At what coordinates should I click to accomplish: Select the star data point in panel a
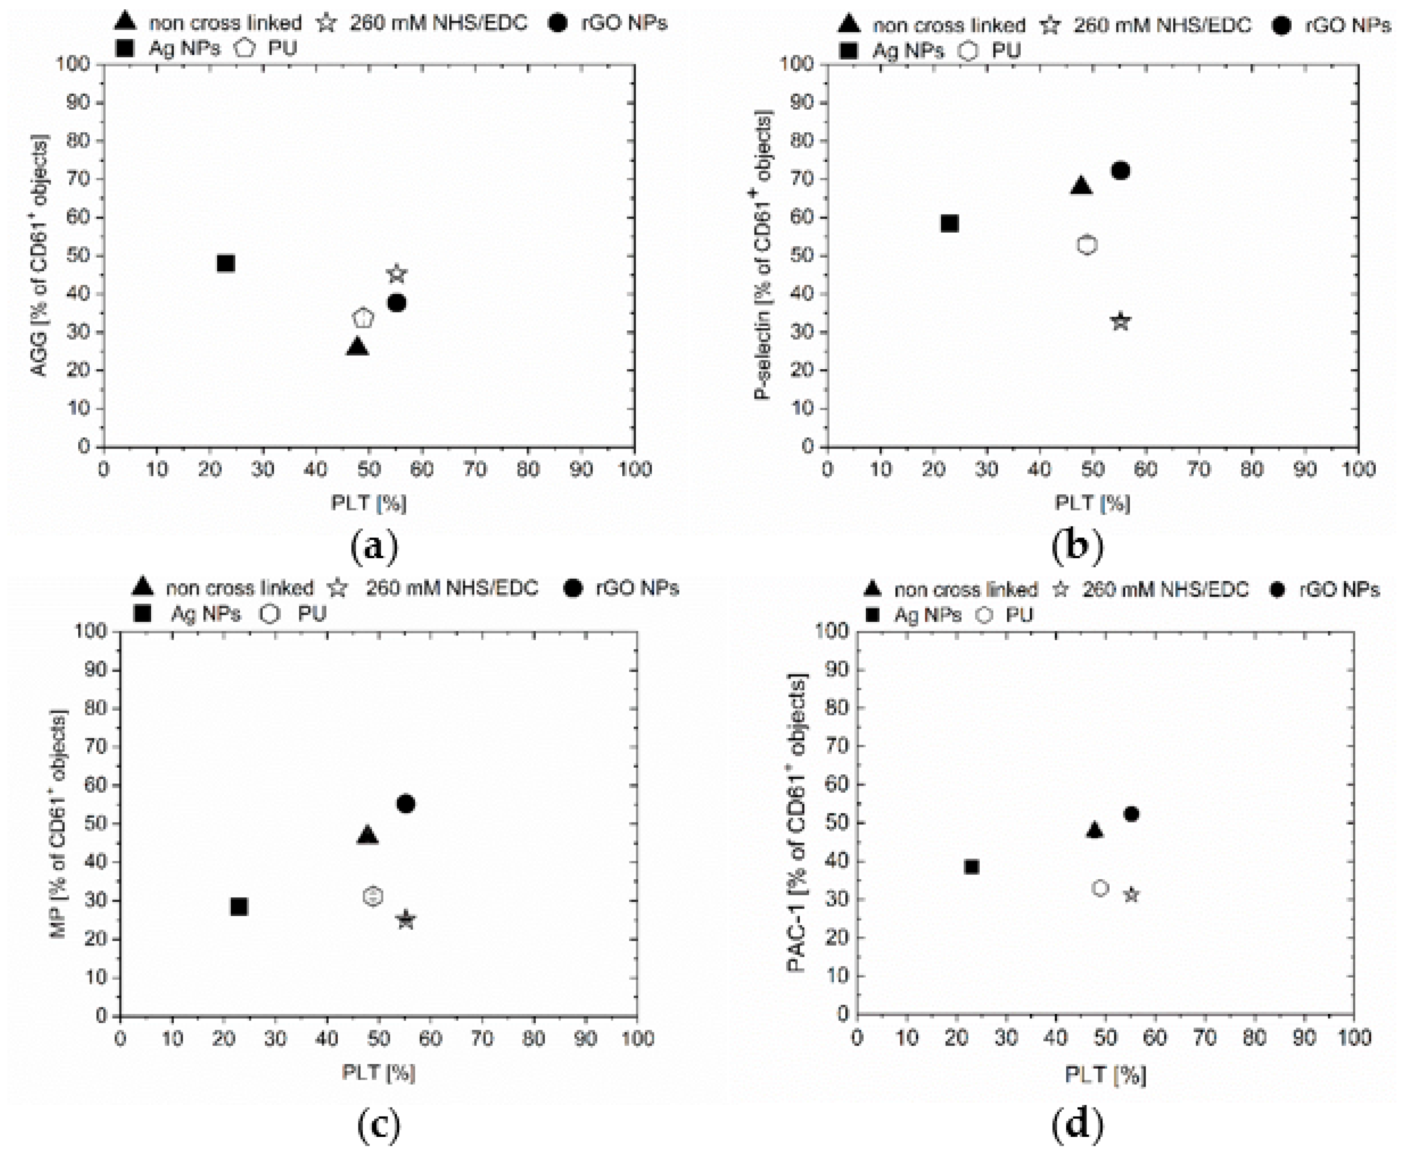click(397, 274)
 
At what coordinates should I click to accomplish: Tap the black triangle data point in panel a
click(357, 346)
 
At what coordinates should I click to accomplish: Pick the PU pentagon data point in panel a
click(363, 318)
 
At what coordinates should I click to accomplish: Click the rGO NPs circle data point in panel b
click(1120, 171)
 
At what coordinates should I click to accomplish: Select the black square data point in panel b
click(949, 224)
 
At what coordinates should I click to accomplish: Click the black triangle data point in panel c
click(368, 835)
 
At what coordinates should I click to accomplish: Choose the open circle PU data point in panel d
click(1100, 888)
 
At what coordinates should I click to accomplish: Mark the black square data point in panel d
click(971, 866)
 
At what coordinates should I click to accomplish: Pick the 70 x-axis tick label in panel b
click(1198, 470)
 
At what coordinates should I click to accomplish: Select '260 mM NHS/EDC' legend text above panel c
click(451, 588)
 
